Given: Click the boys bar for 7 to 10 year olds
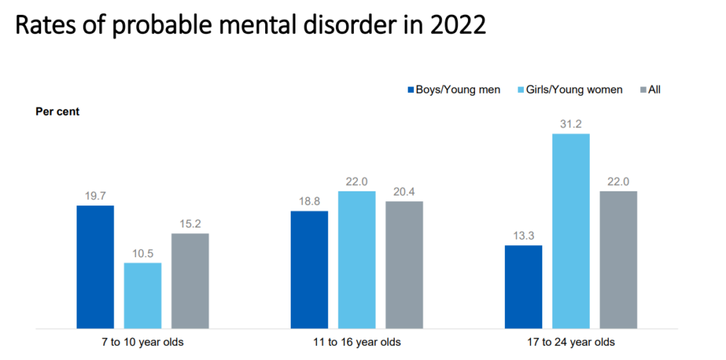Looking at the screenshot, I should click(95, 267).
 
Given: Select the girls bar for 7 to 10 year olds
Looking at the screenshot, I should click(143, 296).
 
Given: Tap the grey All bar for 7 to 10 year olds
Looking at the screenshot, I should click(190, 281).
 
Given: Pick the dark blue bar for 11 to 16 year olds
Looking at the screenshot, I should click(309, 270).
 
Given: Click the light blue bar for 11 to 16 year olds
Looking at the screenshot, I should click(357, 260).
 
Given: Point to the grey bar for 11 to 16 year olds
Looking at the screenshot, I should click(404, 265).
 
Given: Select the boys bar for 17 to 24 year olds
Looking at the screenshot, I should click(523, 287).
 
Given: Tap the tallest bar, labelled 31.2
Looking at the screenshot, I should click(571, 231).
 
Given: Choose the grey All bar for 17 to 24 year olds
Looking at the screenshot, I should click(618, 260).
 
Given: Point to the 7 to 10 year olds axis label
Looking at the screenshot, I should click(143, 342).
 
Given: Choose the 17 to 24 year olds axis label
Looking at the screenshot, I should click(571, 342).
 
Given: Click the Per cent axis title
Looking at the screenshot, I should click(57, 112).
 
